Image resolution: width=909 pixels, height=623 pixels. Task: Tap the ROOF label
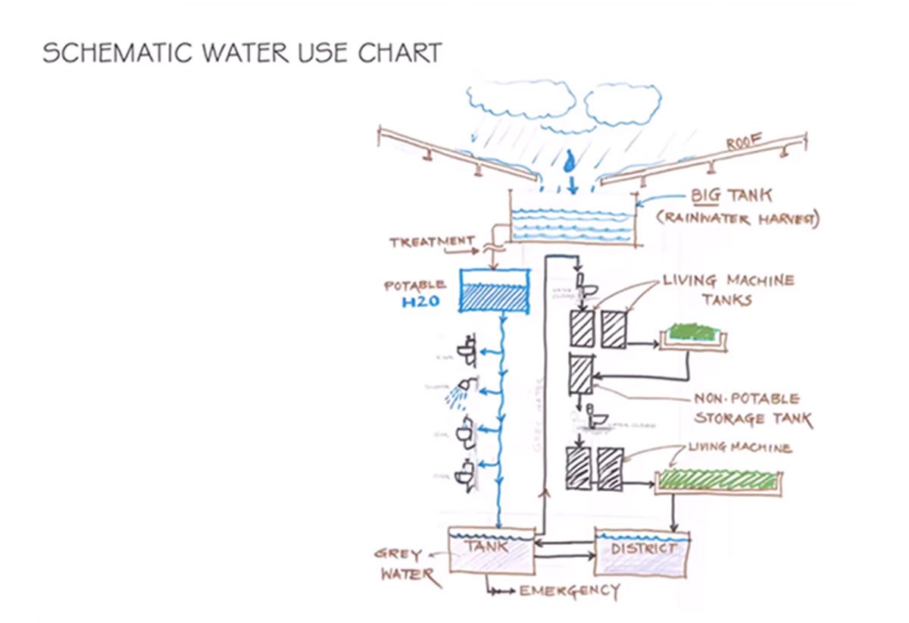pyautogui.click(x=744, y=143)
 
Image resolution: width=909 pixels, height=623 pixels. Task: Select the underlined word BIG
pyautogui.click(x=708, y=196)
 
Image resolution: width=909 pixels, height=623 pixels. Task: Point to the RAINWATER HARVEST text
pyautogui.click(x=738, y=220)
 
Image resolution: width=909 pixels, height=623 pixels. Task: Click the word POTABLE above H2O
pyautogui.click(x=415, y=286)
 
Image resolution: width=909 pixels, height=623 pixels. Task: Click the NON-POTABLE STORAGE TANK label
pyautogui.click(x=751, y=409)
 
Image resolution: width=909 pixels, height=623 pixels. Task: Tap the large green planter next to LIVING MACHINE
pyautogui.click(x=717, y=481)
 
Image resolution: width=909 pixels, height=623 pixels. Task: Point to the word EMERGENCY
pyautogui.click(x=569, y=590)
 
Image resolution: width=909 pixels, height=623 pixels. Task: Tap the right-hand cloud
pyautogui.click(x=623, y=104)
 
